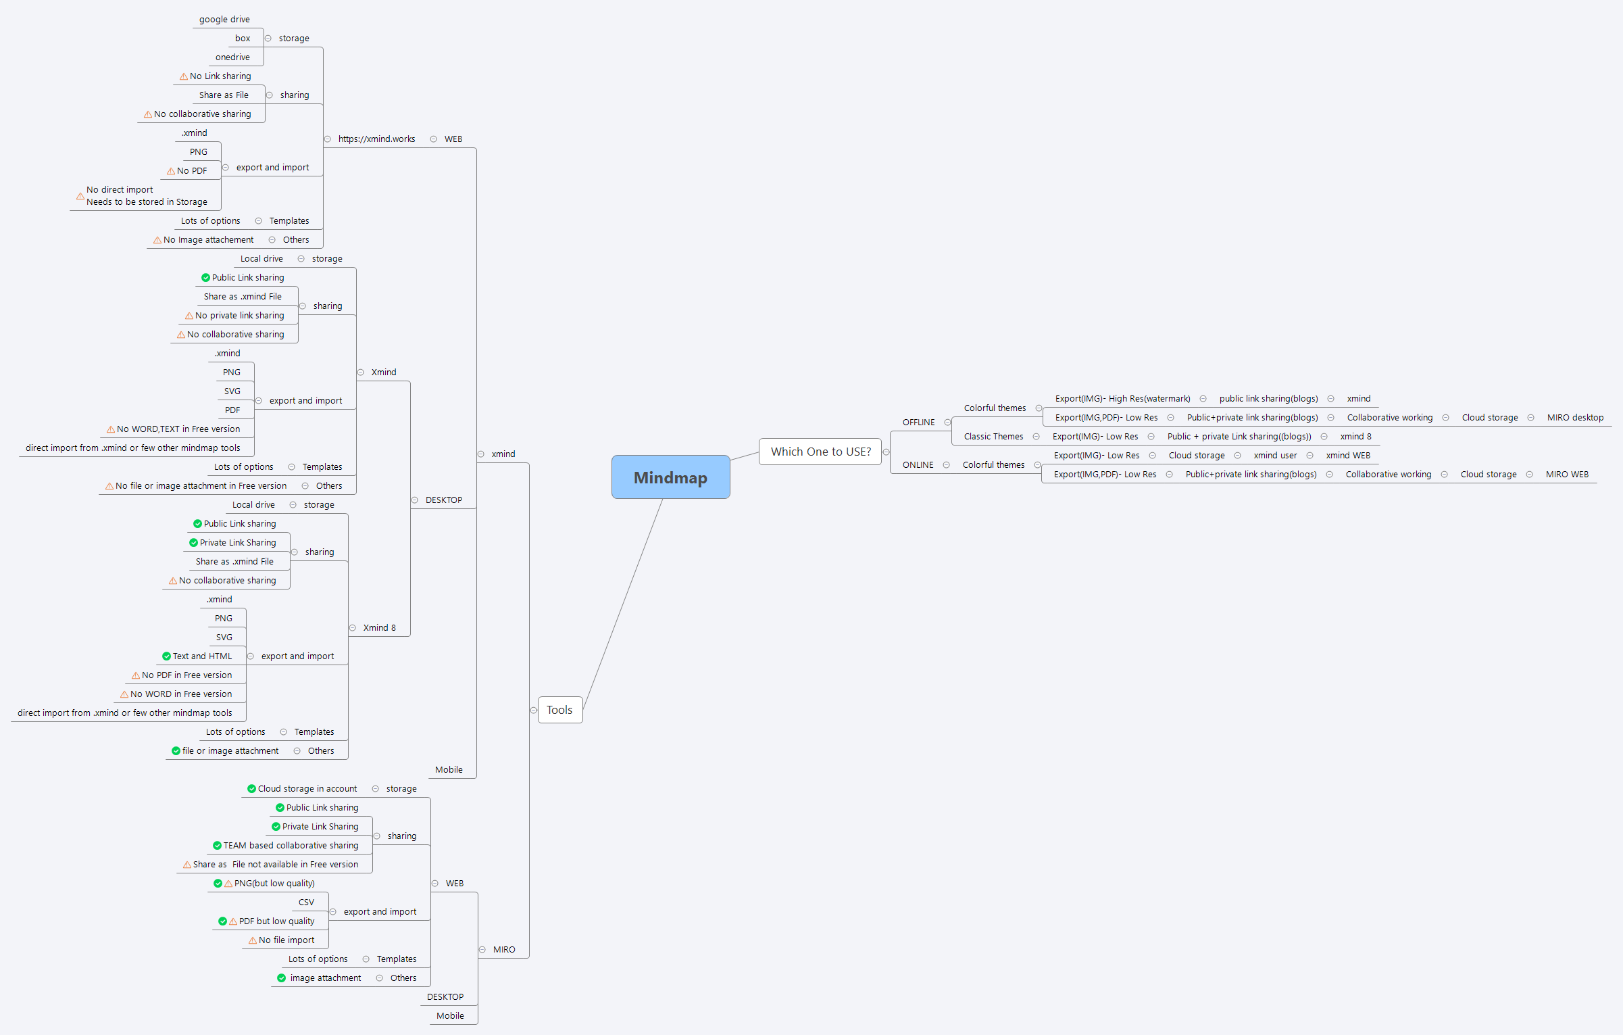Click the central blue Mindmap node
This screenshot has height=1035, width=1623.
pyautogui.click(x=670, y=477)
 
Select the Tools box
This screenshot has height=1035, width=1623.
pyautogui.click(x=559, y=710)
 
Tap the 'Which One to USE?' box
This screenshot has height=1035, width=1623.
pyautogui.click(x=820, y=452)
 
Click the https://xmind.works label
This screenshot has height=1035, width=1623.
pyautogui.click(x=376, y=139)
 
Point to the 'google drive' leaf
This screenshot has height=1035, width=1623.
pyautogui.click(x=224, y=20)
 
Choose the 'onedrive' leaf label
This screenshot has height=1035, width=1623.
pyautogui.click(x=232, y=57)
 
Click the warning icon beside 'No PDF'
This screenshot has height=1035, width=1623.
pyautogui.click(x=171, y=171)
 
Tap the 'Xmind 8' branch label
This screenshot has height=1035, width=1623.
pyautogui.click(x=379, y=628)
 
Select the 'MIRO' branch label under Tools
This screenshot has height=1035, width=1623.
pyautogui.click(x=504, y=950)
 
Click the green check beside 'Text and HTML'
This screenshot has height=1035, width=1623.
pyautogui.click(x=166, y=656)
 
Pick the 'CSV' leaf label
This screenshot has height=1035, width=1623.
pyautogui.click(x=306, y=902)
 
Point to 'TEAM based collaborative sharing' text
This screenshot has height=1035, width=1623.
pyautogui.click(x=291, y=846)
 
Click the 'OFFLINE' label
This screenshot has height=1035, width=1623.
pyautogui.click(x=918, y=423)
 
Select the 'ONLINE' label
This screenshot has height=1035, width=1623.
pyautogui.click(x=918, y=465)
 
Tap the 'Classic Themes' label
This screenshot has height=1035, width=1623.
pyautogui.click(x=993, y=437)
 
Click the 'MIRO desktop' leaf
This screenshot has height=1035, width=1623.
pyautogui.click(x=1575, y=418)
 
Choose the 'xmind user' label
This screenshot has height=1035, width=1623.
pyautogui.click(x=1275, y=456)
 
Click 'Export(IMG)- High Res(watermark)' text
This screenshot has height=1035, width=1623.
pyautogui.click(x=1122, y=399)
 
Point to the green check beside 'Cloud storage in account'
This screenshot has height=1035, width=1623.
pyautogui.click(x=251, y=789)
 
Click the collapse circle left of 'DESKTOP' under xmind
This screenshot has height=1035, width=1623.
pyautogui.click(x=415, y=500)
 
